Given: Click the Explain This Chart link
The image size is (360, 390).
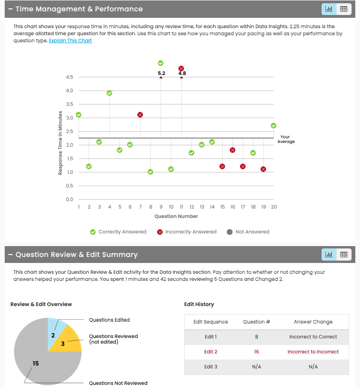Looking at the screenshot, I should [x=70, y=41].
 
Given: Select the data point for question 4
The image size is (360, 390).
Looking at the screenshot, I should [x=109, y=93].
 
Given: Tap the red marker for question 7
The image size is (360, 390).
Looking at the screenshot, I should [x=140, y=115].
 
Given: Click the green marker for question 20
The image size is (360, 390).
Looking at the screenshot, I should [x=274, y=126].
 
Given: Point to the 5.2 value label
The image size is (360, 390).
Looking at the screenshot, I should [x=161, y=73].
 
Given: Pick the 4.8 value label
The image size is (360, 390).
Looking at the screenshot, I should [x=182, y=73].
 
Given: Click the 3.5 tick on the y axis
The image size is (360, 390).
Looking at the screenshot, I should [x=69, y=104].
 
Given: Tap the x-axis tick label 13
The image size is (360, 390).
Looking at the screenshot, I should [x=202, y=207].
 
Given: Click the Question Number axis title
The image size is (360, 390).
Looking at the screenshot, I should [x=176, y=216].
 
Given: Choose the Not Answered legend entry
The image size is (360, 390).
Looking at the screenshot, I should [x=248, y=232].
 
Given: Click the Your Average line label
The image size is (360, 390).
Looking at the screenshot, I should [x=286, y=139].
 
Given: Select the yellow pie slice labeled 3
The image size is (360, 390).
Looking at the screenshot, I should [x=68, y=342].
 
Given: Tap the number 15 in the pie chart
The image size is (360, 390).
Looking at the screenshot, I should [x=36, y=363].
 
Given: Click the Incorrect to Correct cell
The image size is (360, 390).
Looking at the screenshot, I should [x=313, y=337].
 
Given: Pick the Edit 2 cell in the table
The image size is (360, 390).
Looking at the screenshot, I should [x=210, y=352].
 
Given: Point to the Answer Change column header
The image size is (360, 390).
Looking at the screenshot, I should [x=313, y=322].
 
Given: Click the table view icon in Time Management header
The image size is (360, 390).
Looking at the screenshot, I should [x=344, y=9].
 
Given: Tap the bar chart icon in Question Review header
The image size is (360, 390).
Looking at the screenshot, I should [x=329, y=255].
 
